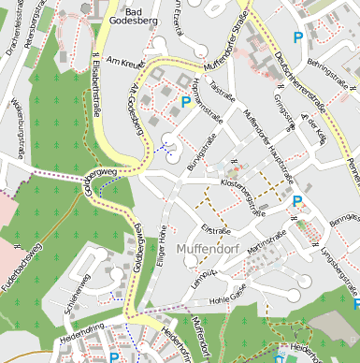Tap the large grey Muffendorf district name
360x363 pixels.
click(210, 249)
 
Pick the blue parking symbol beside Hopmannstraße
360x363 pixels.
click(185, 101)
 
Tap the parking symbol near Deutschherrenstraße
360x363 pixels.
click(298, 38)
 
